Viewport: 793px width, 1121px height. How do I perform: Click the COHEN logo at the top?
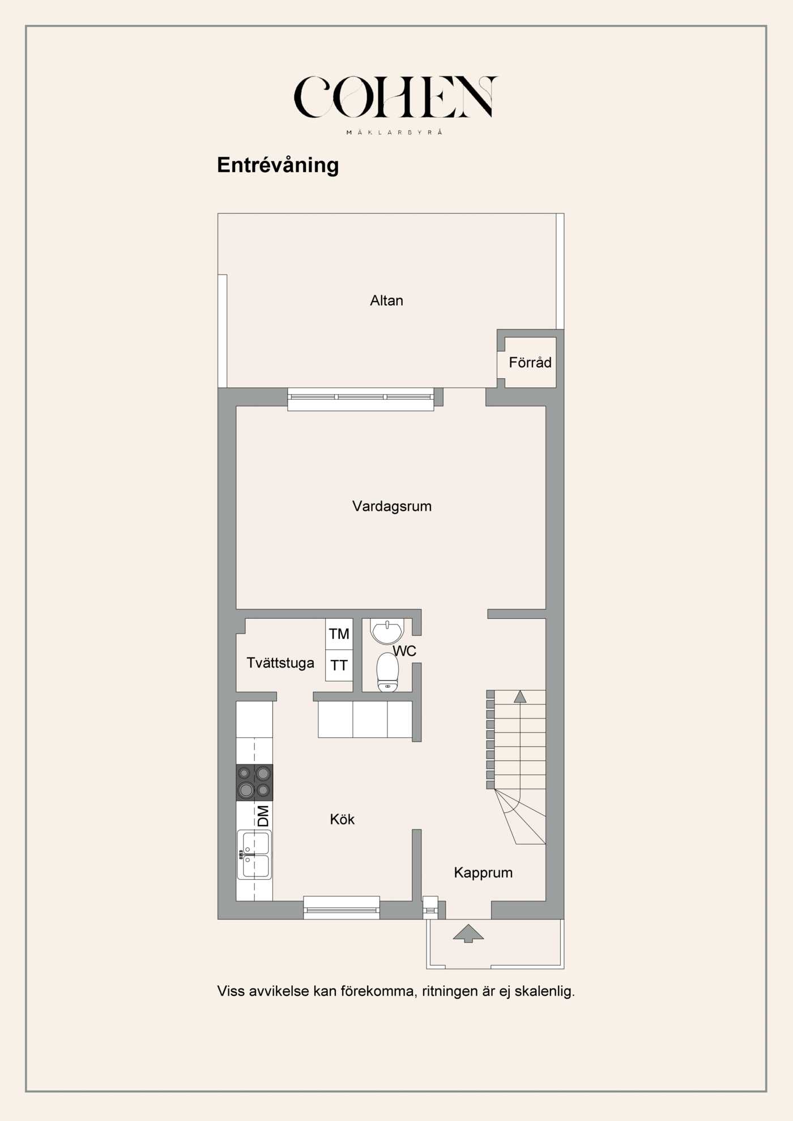coord(395,97)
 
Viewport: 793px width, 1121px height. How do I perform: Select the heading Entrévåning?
coord(278,165)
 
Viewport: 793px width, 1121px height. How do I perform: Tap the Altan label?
coord(386,301)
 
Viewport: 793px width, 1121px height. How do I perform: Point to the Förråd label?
coord(530,362)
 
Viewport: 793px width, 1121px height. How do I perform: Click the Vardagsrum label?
coord(391,506)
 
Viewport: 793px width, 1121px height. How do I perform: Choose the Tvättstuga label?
coord(280,663)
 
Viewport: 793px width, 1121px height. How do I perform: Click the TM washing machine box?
coord(339,634)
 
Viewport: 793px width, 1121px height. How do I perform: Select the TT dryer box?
coord(339,665)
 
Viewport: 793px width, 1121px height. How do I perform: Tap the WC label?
coord(405,651)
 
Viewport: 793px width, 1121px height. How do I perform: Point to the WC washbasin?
coord(387,630)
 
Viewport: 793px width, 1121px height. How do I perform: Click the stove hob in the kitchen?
coord(254,782)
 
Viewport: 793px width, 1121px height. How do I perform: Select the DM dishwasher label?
coord(263,816)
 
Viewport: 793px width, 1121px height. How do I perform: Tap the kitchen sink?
coord(254,854)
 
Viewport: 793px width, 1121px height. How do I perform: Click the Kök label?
coord(342,819)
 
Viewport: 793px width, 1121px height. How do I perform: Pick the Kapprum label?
coord(483,872)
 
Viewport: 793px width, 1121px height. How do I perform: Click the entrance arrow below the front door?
coord(468,933)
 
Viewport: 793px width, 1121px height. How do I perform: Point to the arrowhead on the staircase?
coord(520,697)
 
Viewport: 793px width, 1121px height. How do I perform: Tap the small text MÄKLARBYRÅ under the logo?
coord(394,132)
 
